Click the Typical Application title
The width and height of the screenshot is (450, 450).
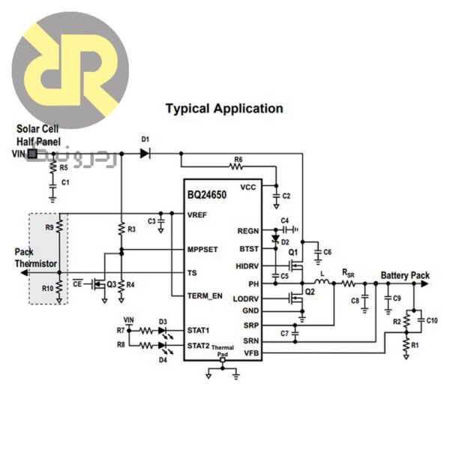click(224, 109)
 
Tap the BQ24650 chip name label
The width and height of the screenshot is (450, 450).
click(208, 195)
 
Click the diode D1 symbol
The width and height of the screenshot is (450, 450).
click(145, 153)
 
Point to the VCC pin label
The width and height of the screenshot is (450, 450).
click(249, 187)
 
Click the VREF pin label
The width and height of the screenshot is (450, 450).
click(197, 214)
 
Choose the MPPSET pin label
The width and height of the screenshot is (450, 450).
click(203, 249)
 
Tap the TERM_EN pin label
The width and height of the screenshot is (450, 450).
click(205, 296)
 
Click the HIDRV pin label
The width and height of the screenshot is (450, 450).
click(247, 266)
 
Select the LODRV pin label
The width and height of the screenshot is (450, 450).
click(247, 298)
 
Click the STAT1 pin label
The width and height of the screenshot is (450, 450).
click(199, 329)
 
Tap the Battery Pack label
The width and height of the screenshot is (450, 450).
click(405, 276)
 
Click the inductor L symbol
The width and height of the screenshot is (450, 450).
click(322, 283)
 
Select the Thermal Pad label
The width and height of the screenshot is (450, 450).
click(222, 350)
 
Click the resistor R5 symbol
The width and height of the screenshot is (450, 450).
click(52, 168)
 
